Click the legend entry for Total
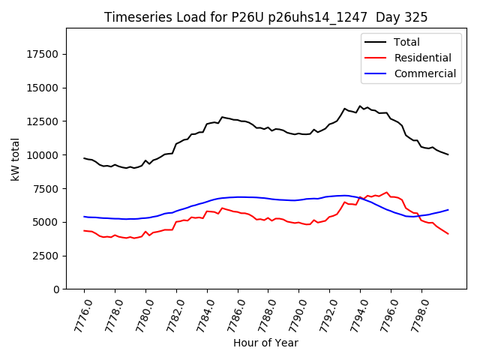pyautogui.click(x=407, y=42)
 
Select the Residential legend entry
pyautogui.click(x=422, y=58)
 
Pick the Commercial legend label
pyautogui.click(x=424, y=73)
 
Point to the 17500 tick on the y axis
pyautogui.click(x=43, y=54)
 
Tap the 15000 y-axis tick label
pyautogui.click(x=43, y=88)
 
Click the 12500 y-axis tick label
pyautogui.click(x=43, y=121)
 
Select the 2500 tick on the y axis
pyautogui.click(x=46, y=256)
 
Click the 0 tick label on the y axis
pyautogui.click(x=56, y=289)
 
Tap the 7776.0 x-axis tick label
pyautogui.click(x=79, y=313)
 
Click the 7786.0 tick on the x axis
pyautogui.click(x=232, y=313)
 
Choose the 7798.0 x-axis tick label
pyautogui.click(x=415, y=313)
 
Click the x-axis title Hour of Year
pyautogui.click(x=265, y=343)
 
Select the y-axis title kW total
pyautogui.click(x=16, y=158)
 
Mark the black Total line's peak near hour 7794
pyautogui.click(x=360, y=106)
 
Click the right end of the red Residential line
pyautogui.click(x=448, y=234)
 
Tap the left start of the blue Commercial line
pyautogui.click(x=84, y=217)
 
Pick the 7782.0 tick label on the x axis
pyautogui.click(x=171, y=313)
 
